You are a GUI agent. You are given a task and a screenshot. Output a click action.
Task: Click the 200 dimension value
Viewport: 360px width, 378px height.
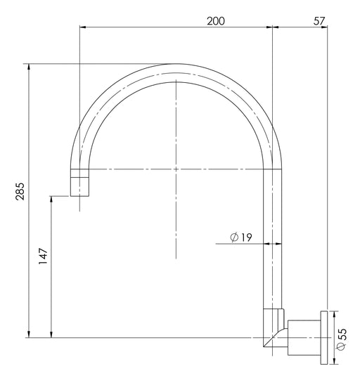click(216, 21)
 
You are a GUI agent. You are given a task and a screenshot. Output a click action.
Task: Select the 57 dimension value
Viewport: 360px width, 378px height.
click(319, 21)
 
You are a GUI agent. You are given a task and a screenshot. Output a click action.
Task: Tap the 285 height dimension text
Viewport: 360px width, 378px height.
click(20, 191)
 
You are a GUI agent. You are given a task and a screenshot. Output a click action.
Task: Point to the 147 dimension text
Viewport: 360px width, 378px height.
click(44, 256)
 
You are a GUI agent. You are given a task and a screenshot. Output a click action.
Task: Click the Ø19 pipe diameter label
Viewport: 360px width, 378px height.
click(241, 237)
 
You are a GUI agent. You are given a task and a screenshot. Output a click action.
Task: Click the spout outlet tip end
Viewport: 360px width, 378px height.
click(79, 196)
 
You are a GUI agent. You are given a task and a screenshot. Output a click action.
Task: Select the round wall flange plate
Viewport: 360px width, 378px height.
click(324, 337)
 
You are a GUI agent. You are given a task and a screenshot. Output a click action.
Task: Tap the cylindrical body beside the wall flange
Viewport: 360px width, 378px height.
click(304, 337)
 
